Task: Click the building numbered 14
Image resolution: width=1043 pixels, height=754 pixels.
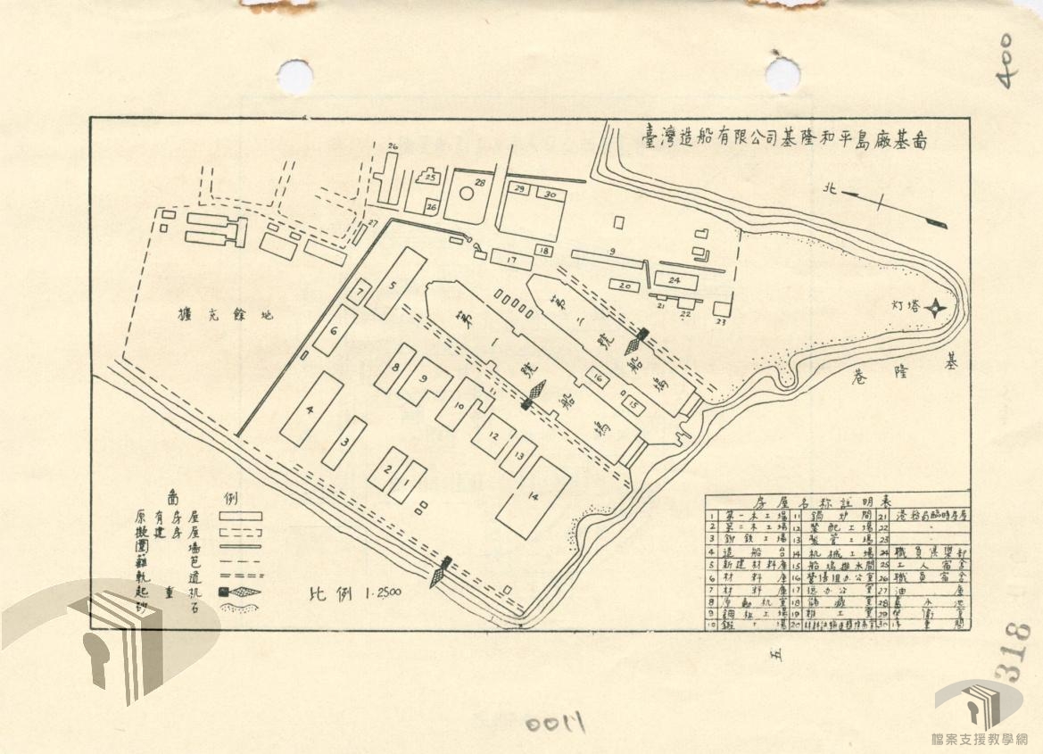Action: [x=534, y=498]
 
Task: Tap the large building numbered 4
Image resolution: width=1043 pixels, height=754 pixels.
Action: [x=310, y=409]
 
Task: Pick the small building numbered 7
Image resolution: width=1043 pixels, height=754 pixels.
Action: [x=359, y=292]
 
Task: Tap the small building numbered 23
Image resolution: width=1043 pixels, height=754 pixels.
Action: [x=721, y=309]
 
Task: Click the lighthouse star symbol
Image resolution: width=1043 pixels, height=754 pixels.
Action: [x=933, y=309]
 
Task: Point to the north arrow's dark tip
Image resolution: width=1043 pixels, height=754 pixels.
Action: [x=935, y=223]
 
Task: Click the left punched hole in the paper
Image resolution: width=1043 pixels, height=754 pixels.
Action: [x=294, y=76]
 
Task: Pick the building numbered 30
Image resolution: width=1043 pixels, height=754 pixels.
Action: [x=550, y=194]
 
